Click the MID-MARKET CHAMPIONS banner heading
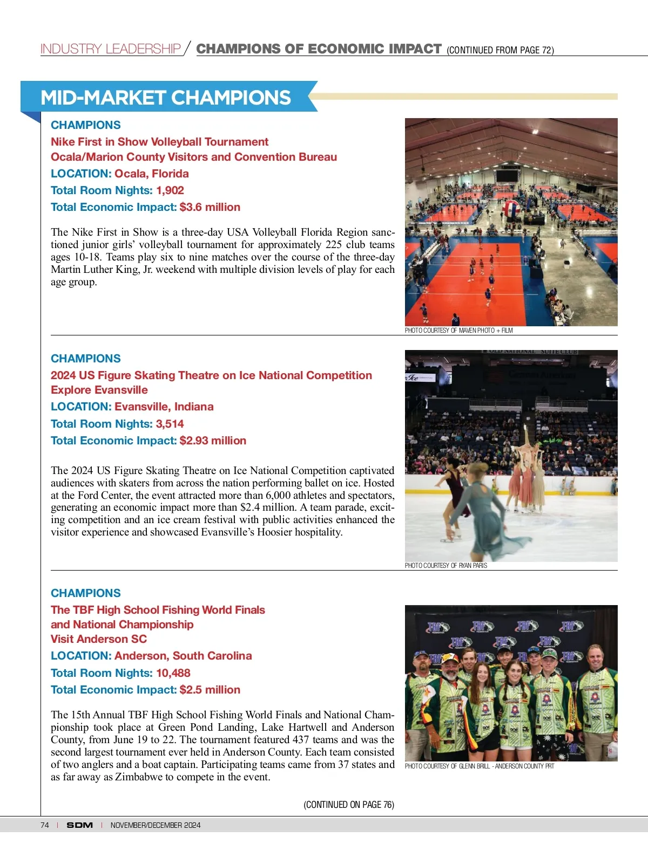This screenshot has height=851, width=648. tap(165, 98)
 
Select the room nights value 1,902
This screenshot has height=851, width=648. tap(170, 190)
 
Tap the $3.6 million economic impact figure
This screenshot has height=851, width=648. tap(210, 207)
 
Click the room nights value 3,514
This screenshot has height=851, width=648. tap(170, 424)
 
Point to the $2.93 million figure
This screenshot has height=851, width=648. tap(213, 441)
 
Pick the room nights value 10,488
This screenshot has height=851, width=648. tap(173, 673)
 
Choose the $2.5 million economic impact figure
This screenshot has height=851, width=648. tap(210, 690)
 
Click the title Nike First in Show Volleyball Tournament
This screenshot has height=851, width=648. tap(159, 142)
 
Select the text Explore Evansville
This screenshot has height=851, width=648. tap(99, 390)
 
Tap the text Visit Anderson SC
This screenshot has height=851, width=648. tap(99, 639)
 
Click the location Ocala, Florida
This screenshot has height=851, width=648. tap(152, 174)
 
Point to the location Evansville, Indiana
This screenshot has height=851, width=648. tap(164, 407)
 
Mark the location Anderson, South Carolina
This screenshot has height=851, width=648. tap(183, 656)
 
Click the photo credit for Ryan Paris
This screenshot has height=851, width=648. tap(446, 566)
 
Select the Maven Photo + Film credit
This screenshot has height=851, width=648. tap(459, 331)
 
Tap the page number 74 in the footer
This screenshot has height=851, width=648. tap(45, 825)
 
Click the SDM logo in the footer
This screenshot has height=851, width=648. tap(79, 825)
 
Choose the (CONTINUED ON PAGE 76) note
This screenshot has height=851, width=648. tap(349, 805)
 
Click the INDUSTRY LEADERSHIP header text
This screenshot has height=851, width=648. tap(111, 49)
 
